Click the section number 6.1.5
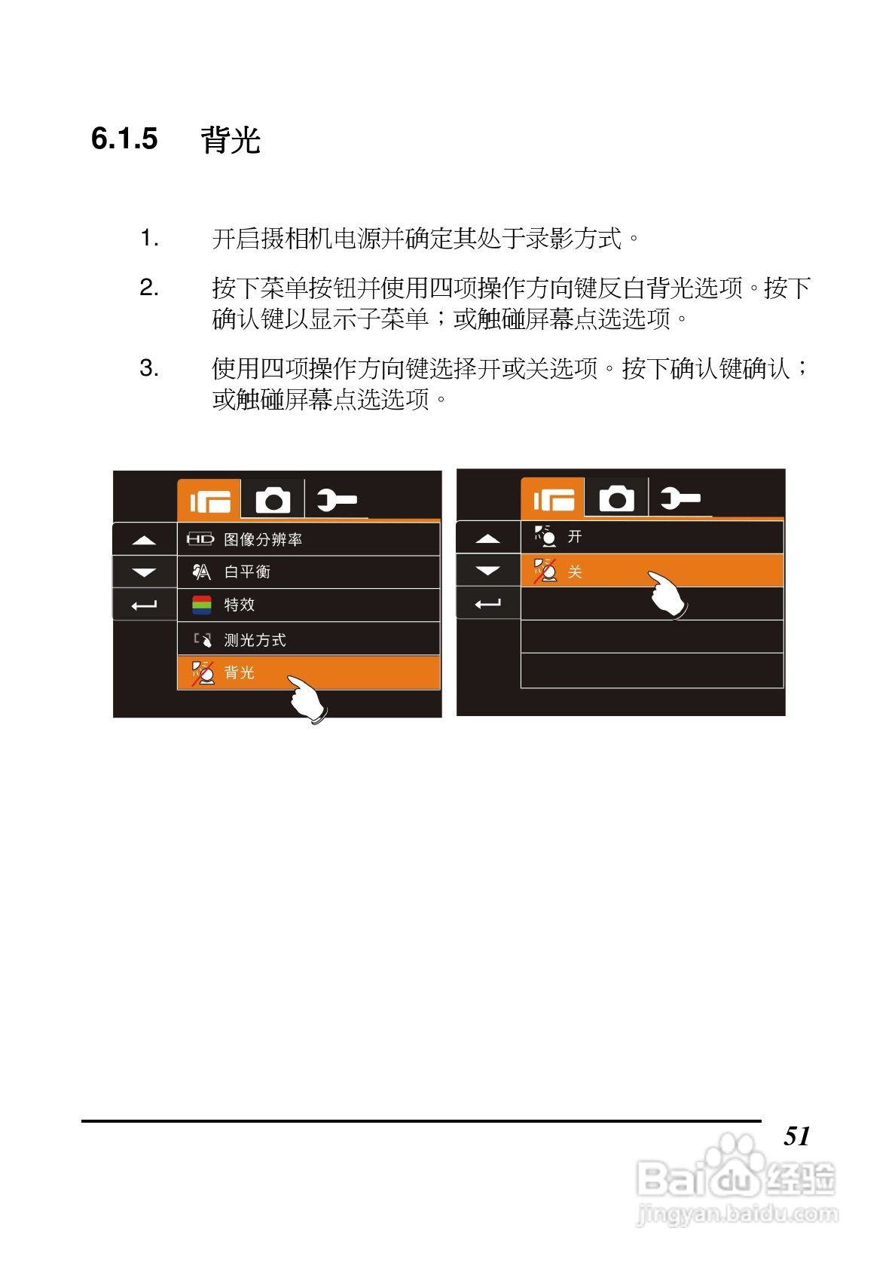click(x=124, y=139)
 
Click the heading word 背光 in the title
click(x=231, y=141)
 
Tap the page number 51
click(x=796, y=1135)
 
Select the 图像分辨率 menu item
click(x=308, y=539)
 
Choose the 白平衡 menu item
click(x=308, y=572)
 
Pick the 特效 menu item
click(x=308, y=605)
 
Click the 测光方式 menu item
click(x=308, y=639)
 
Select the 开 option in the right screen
click(x=652, y=537)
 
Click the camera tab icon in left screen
click(x=273, y=500)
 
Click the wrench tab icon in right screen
click(x=680, y=498)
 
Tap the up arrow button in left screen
click(x=144, y=540)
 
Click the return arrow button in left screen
click(x=144, y=605)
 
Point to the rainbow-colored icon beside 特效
click(x=202, y=605)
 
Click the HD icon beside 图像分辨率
click(x=200, y=539)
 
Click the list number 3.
click(x=148, y=368)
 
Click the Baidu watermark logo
click(x=735, y=1178)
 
